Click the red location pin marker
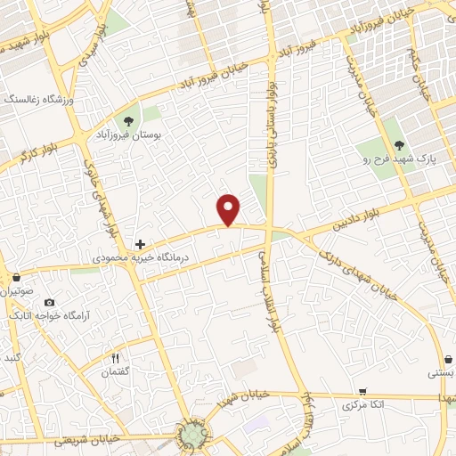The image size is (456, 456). click(x=230, y=209)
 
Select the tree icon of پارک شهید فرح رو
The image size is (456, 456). click(x=399, y=146)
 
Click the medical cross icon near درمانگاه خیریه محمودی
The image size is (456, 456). click(x=139, y=243)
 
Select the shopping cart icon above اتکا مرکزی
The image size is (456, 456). click(x=362, y=391)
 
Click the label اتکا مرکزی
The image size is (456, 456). click(x=363, y=405)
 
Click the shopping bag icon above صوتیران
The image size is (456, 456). click(x=17, y=278)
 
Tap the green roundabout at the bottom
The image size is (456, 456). click(x=193, y=435)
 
